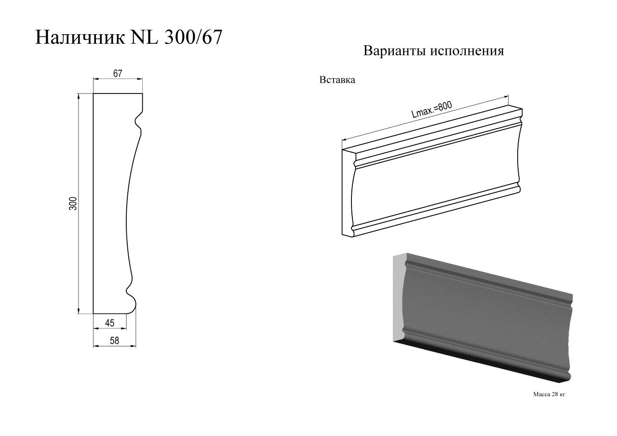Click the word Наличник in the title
point(80,38)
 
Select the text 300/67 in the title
point(193,37)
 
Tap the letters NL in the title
point(144,37)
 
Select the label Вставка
point(337,80)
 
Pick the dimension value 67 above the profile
point(118,74)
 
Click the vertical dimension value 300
point(73,203)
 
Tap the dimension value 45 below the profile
point(109,323)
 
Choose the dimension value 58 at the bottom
point(114,341)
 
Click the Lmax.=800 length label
point(431,109)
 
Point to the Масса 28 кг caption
point(549,395)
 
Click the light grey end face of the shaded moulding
point(399,299)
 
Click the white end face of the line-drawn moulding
point(348,193)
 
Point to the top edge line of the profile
point(118,93)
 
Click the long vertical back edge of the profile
point(94,203)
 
